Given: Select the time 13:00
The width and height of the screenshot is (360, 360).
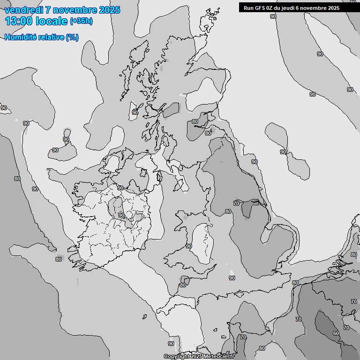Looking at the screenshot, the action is click(x=19, y=21).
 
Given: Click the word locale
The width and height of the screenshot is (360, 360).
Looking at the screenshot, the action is click(x=51, y=21).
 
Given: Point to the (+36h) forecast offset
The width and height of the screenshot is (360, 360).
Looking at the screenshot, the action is click(x=82, y=21).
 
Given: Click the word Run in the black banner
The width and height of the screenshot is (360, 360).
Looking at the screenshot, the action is click(x=248, y=7).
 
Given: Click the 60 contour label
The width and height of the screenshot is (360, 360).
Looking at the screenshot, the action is click(x=336, y=333).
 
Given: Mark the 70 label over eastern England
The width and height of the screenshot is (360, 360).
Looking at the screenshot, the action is click(x=236, y=203).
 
